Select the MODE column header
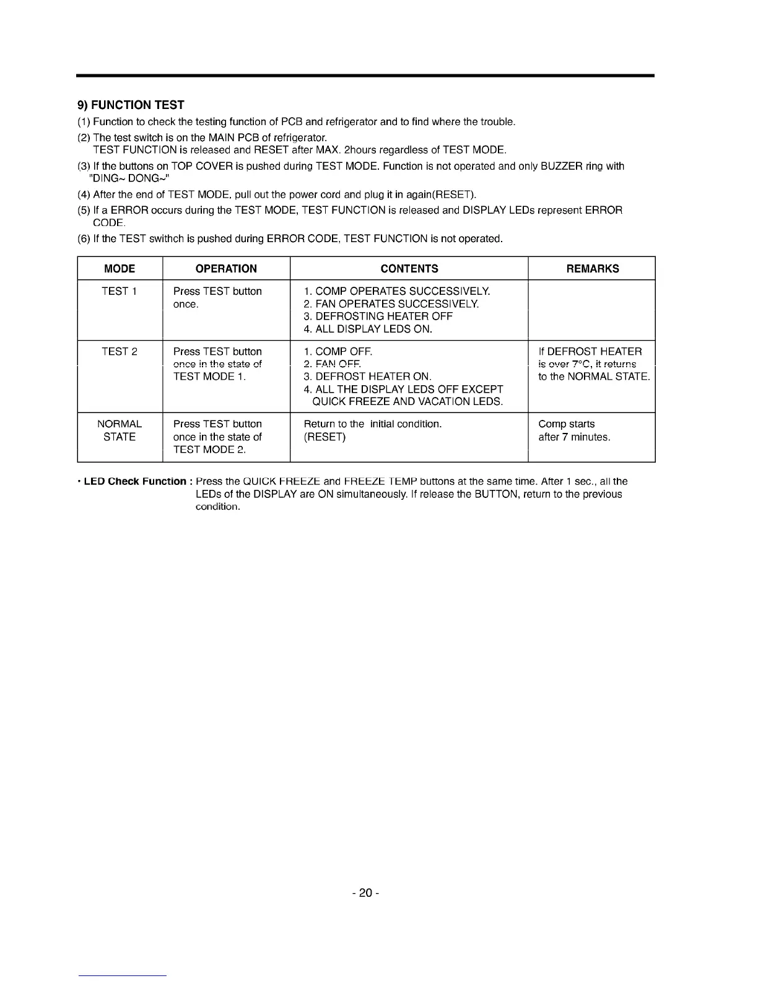(x=120, y=269)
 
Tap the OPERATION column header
(x=226, y=269)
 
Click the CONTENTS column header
(x=409, y=269)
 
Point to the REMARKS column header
(x=593, y=269)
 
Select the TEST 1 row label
(x=120, y=292)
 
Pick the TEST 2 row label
(x=120, y=352)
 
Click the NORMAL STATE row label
(x=120, y=430)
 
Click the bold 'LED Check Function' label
(x=134, y=482)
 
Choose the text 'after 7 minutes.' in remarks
(x=574, y=437)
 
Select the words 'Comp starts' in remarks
(x=567, y=424)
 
